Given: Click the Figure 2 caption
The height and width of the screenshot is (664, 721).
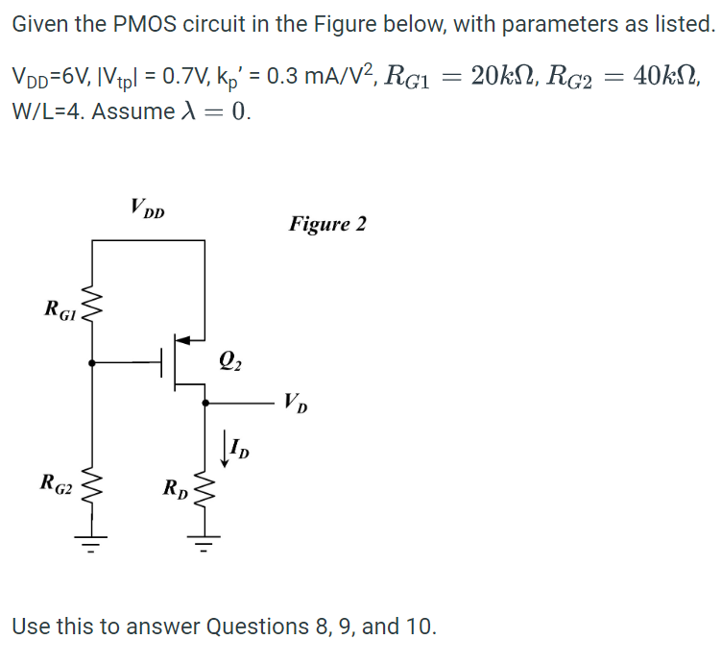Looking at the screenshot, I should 327,224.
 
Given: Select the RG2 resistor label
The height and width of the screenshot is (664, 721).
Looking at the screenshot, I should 55,482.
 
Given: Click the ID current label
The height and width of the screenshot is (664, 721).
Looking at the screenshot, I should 239,449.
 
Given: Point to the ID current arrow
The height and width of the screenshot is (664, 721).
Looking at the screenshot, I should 225,447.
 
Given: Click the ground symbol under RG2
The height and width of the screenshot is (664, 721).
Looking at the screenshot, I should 93,547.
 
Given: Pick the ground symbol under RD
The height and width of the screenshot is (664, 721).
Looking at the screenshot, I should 204,547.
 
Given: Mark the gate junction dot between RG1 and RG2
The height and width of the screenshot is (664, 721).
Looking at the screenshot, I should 93,363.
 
